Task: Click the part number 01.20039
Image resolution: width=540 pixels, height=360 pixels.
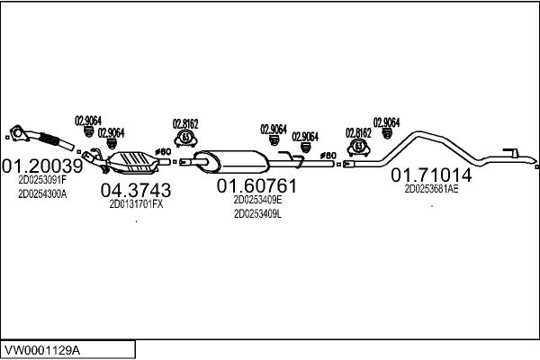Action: click(42, 166)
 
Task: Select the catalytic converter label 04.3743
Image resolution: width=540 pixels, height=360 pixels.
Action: click(136, 190)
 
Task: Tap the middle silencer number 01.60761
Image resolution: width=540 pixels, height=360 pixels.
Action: click(256, 186)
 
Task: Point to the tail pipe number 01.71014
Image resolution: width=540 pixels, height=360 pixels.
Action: click(431, 175)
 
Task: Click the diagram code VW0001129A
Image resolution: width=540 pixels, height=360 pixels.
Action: click(42, 351)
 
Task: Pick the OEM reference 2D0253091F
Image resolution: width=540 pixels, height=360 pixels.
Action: click(42, 179)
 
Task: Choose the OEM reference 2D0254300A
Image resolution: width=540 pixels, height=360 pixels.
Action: click(42, 194)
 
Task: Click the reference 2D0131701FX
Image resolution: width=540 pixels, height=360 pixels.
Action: click(136, 204)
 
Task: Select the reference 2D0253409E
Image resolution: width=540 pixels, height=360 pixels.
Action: click(257, 200)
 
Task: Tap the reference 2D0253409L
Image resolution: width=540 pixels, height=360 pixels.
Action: click(257, 214)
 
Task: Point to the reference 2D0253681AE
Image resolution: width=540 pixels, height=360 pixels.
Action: click(431, 189)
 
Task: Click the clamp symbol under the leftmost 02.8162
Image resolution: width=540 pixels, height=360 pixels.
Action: click(185, 138)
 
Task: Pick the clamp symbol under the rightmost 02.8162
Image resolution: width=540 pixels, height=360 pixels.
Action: click(358, 148)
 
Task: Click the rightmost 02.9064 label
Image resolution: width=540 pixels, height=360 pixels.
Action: click(386, 122)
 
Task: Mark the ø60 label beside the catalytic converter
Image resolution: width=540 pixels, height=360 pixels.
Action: click(163, 151)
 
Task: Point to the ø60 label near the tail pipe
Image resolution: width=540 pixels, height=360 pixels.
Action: click(328, 156)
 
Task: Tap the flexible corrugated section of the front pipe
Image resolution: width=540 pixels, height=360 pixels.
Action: click(49, 139)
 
